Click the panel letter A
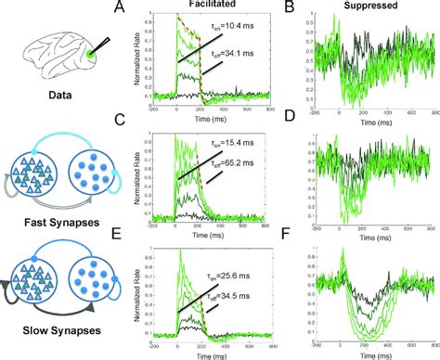pos(142,7)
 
